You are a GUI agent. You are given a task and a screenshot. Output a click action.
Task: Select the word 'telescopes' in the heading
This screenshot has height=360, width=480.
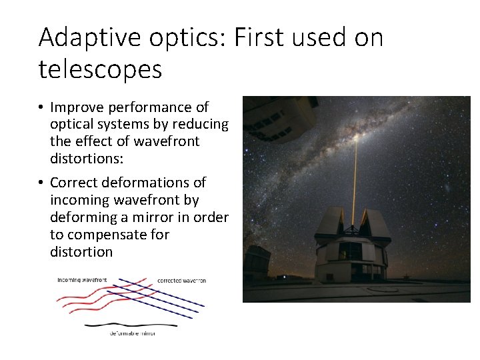100,69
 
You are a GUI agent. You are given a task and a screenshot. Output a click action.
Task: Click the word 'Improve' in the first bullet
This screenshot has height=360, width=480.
76,107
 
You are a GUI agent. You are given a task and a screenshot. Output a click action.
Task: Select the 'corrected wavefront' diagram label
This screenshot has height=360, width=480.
181,281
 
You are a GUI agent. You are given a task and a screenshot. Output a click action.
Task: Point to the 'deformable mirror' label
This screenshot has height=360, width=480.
132,333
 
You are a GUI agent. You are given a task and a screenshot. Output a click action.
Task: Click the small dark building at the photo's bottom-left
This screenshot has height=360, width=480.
256,263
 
